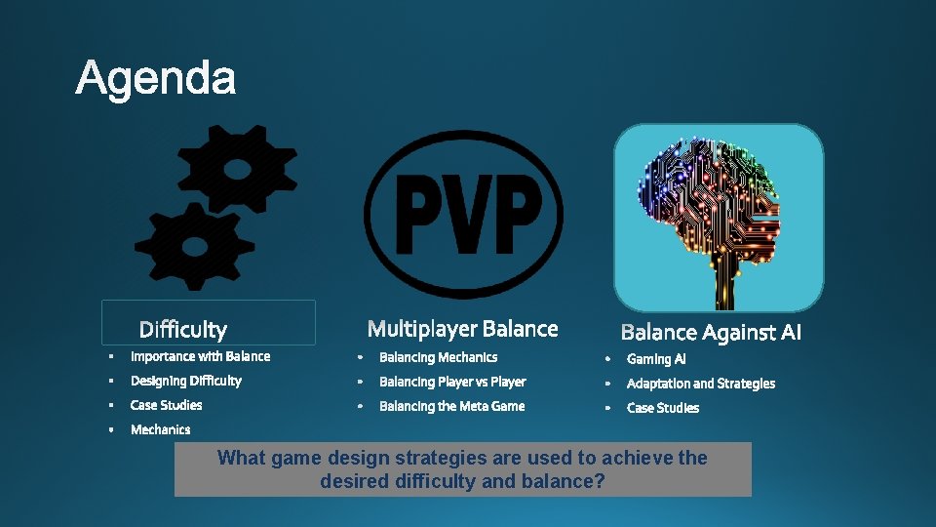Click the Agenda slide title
155,78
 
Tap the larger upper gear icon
237,170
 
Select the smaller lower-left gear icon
194,245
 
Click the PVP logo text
468,215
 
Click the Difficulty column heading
182,330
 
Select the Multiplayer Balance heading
462,329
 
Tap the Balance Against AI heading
711,333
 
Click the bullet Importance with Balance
200,356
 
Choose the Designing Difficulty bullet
185,381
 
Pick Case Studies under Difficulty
166,405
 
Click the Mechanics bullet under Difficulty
160,429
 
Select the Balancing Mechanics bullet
438,357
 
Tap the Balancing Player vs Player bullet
451,382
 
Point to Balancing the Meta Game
451,406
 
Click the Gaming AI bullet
655,359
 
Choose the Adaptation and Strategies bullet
700,384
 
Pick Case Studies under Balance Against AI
662,408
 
